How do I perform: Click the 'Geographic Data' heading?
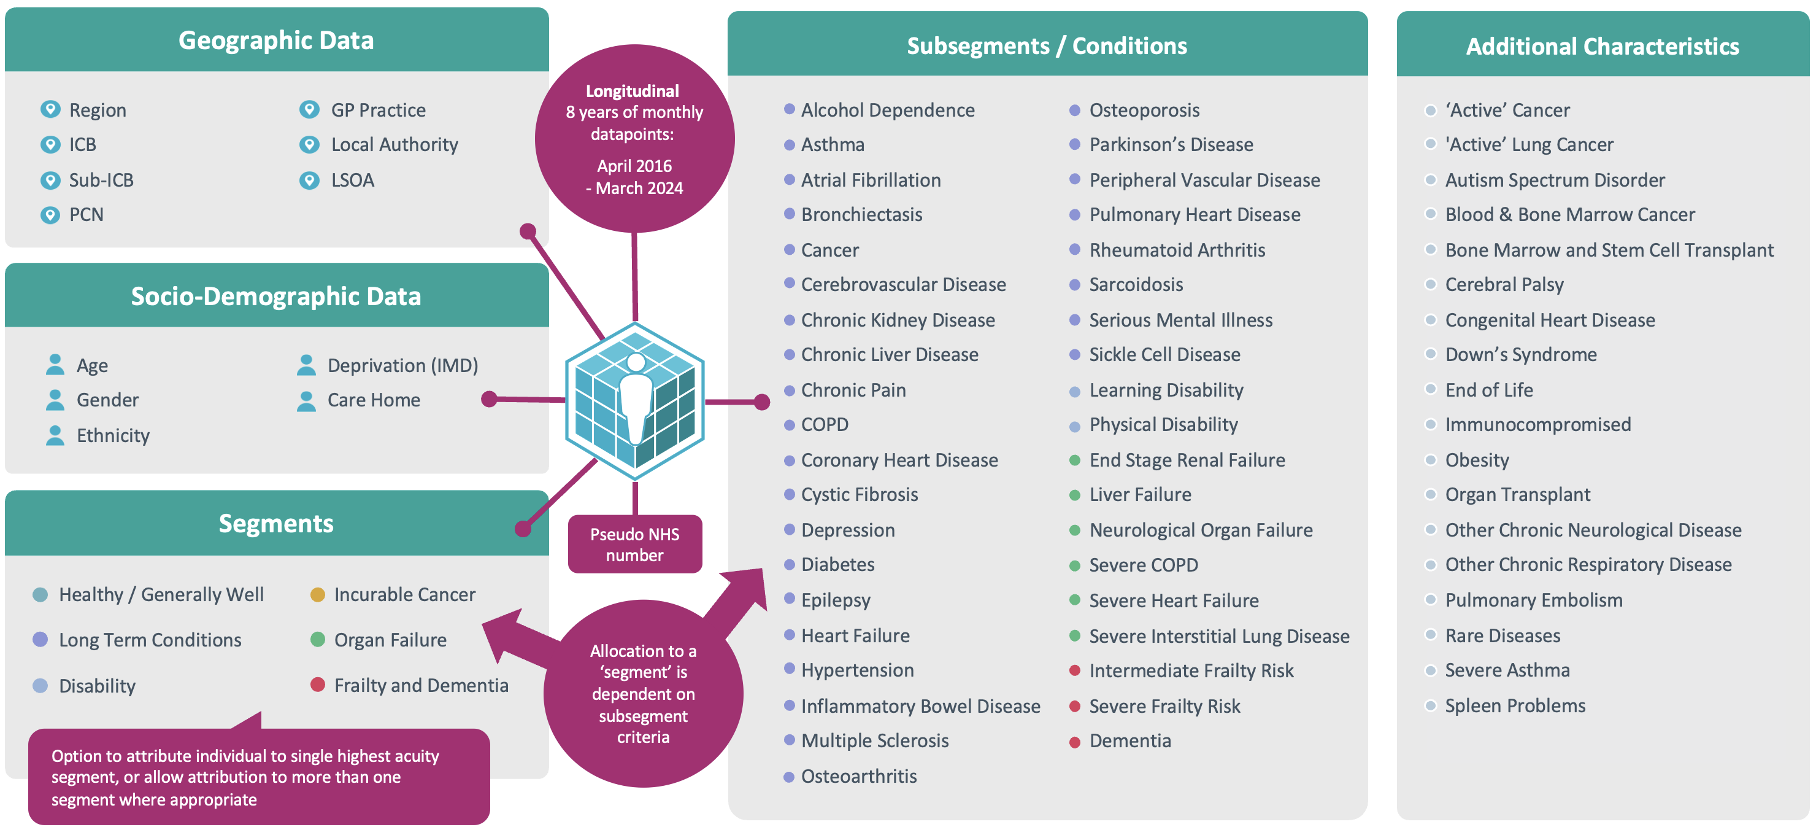coord(275,41)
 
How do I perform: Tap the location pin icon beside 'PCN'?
coord(50,214)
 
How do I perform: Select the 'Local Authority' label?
coord(394,144)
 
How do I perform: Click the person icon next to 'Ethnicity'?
coord(55,435)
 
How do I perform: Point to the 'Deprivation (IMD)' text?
coord(402,365)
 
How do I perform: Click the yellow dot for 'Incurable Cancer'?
coord(318,594)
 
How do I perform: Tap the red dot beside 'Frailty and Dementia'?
coord(318,685)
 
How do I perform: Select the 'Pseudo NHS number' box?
coord(634,545)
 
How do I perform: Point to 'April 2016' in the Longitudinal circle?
coord(634,166)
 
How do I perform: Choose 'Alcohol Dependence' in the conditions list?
coord(888,110)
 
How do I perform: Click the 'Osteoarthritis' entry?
coord(859,777)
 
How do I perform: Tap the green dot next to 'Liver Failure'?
coord(1075,495)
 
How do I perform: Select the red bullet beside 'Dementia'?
coord(1075,742)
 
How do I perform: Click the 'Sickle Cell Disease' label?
coord(1164,355)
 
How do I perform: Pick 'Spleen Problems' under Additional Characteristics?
coord(1515,706)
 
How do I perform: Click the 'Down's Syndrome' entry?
coord(1521,355)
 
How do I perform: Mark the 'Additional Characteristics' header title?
coord(1602,47)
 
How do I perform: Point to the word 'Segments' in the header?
coord(275,524)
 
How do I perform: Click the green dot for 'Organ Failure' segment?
coord(318,640)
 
